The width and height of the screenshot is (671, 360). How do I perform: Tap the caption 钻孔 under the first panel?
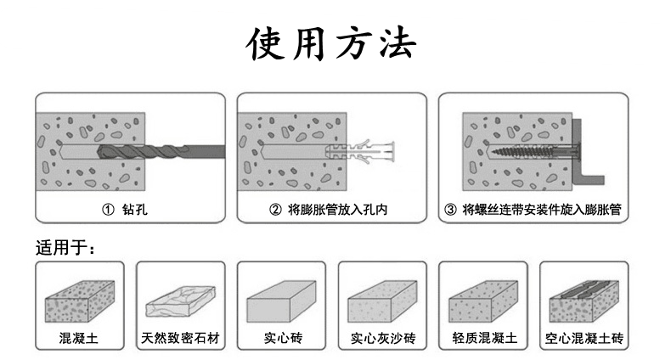[134, 209]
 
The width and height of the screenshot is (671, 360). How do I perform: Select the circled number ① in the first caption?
[108, 209]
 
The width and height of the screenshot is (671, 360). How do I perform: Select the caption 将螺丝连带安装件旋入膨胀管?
[541, 209]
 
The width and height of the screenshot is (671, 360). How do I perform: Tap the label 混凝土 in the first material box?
[78, 339]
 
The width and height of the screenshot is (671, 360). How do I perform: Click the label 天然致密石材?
[179, 339]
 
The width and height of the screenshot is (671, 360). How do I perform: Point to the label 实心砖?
[281, 339]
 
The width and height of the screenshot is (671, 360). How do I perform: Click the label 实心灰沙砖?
[382, 339]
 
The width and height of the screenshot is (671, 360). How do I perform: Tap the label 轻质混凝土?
[483, 339]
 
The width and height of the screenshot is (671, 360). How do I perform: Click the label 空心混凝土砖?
[584, 339]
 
